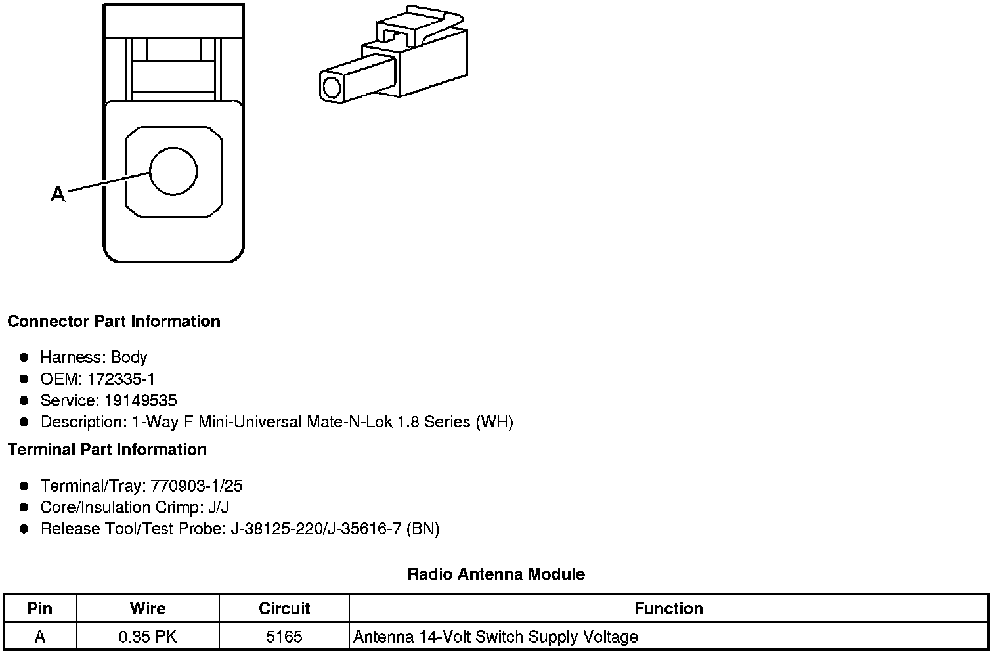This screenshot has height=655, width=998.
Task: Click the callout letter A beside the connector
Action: tap(58, 194)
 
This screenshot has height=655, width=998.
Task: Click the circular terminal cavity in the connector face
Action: tap(173, 171)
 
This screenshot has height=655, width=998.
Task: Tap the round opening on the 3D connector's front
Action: tap(332, 87)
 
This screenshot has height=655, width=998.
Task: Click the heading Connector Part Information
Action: tap(114, 321)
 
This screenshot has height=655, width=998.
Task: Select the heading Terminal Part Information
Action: tap(108, 450)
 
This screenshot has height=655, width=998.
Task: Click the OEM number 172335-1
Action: tap(121, 379)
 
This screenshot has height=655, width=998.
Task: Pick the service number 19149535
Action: tap(141, 400)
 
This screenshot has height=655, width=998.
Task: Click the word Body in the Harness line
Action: tap(129, 357)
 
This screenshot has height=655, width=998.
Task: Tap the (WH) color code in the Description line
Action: tap(494, 421)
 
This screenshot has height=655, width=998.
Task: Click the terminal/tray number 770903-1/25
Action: tap(196, 486)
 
